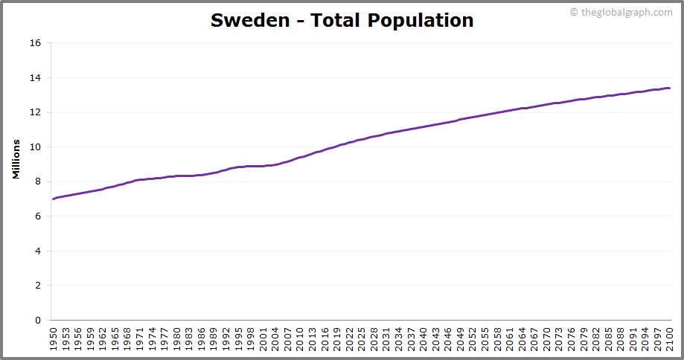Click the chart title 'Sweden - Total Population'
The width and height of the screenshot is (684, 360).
[342, 20]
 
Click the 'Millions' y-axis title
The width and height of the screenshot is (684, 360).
[16, 158]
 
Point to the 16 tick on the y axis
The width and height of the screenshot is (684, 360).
[35, 43]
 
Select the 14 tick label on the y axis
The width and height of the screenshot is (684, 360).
[35, 77]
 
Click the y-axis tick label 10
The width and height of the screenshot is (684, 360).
[35, 147]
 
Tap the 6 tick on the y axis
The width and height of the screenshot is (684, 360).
[38, 216]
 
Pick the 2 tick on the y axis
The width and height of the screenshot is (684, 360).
[38, 286]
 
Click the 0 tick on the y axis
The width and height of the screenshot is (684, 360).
[38, 321]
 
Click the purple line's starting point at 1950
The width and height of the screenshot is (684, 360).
[54, 199]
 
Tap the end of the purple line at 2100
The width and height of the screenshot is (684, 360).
[669, 88]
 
